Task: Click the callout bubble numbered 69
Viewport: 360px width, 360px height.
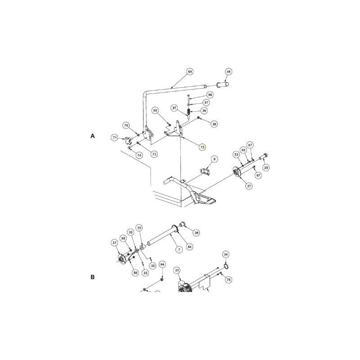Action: tap(190, 72)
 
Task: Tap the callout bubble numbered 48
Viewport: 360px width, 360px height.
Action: tap(229, 72)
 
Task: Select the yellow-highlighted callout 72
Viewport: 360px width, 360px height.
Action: tap(202, 147)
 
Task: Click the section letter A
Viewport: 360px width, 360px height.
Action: tap(93, 135)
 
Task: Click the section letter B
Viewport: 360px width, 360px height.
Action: tap(93, 277)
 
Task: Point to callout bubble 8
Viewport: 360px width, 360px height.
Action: tap(214, 159)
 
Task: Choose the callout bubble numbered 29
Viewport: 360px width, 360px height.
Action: tap(265, 167)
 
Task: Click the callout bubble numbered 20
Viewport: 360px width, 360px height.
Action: tap(214, 123)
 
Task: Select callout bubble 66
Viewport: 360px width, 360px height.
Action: tap(210, 95)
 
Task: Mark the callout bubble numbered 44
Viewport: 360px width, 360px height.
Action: tap(189, 247)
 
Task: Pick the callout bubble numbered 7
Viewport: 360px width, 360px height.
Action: tap(179, 249)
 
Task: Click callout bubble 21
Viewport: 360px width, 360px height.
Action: tap(177, 270)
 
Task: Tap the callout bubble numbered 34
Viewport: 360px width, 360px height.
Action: tap(226, 255)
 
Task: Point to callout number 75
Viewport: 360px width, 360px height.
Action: tap(229, 279)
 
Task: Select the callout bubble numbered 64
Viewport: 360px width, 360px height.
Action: tap(162, 265)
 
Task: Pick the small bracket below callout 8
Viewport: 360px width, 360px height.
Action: tap(205, 172)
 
